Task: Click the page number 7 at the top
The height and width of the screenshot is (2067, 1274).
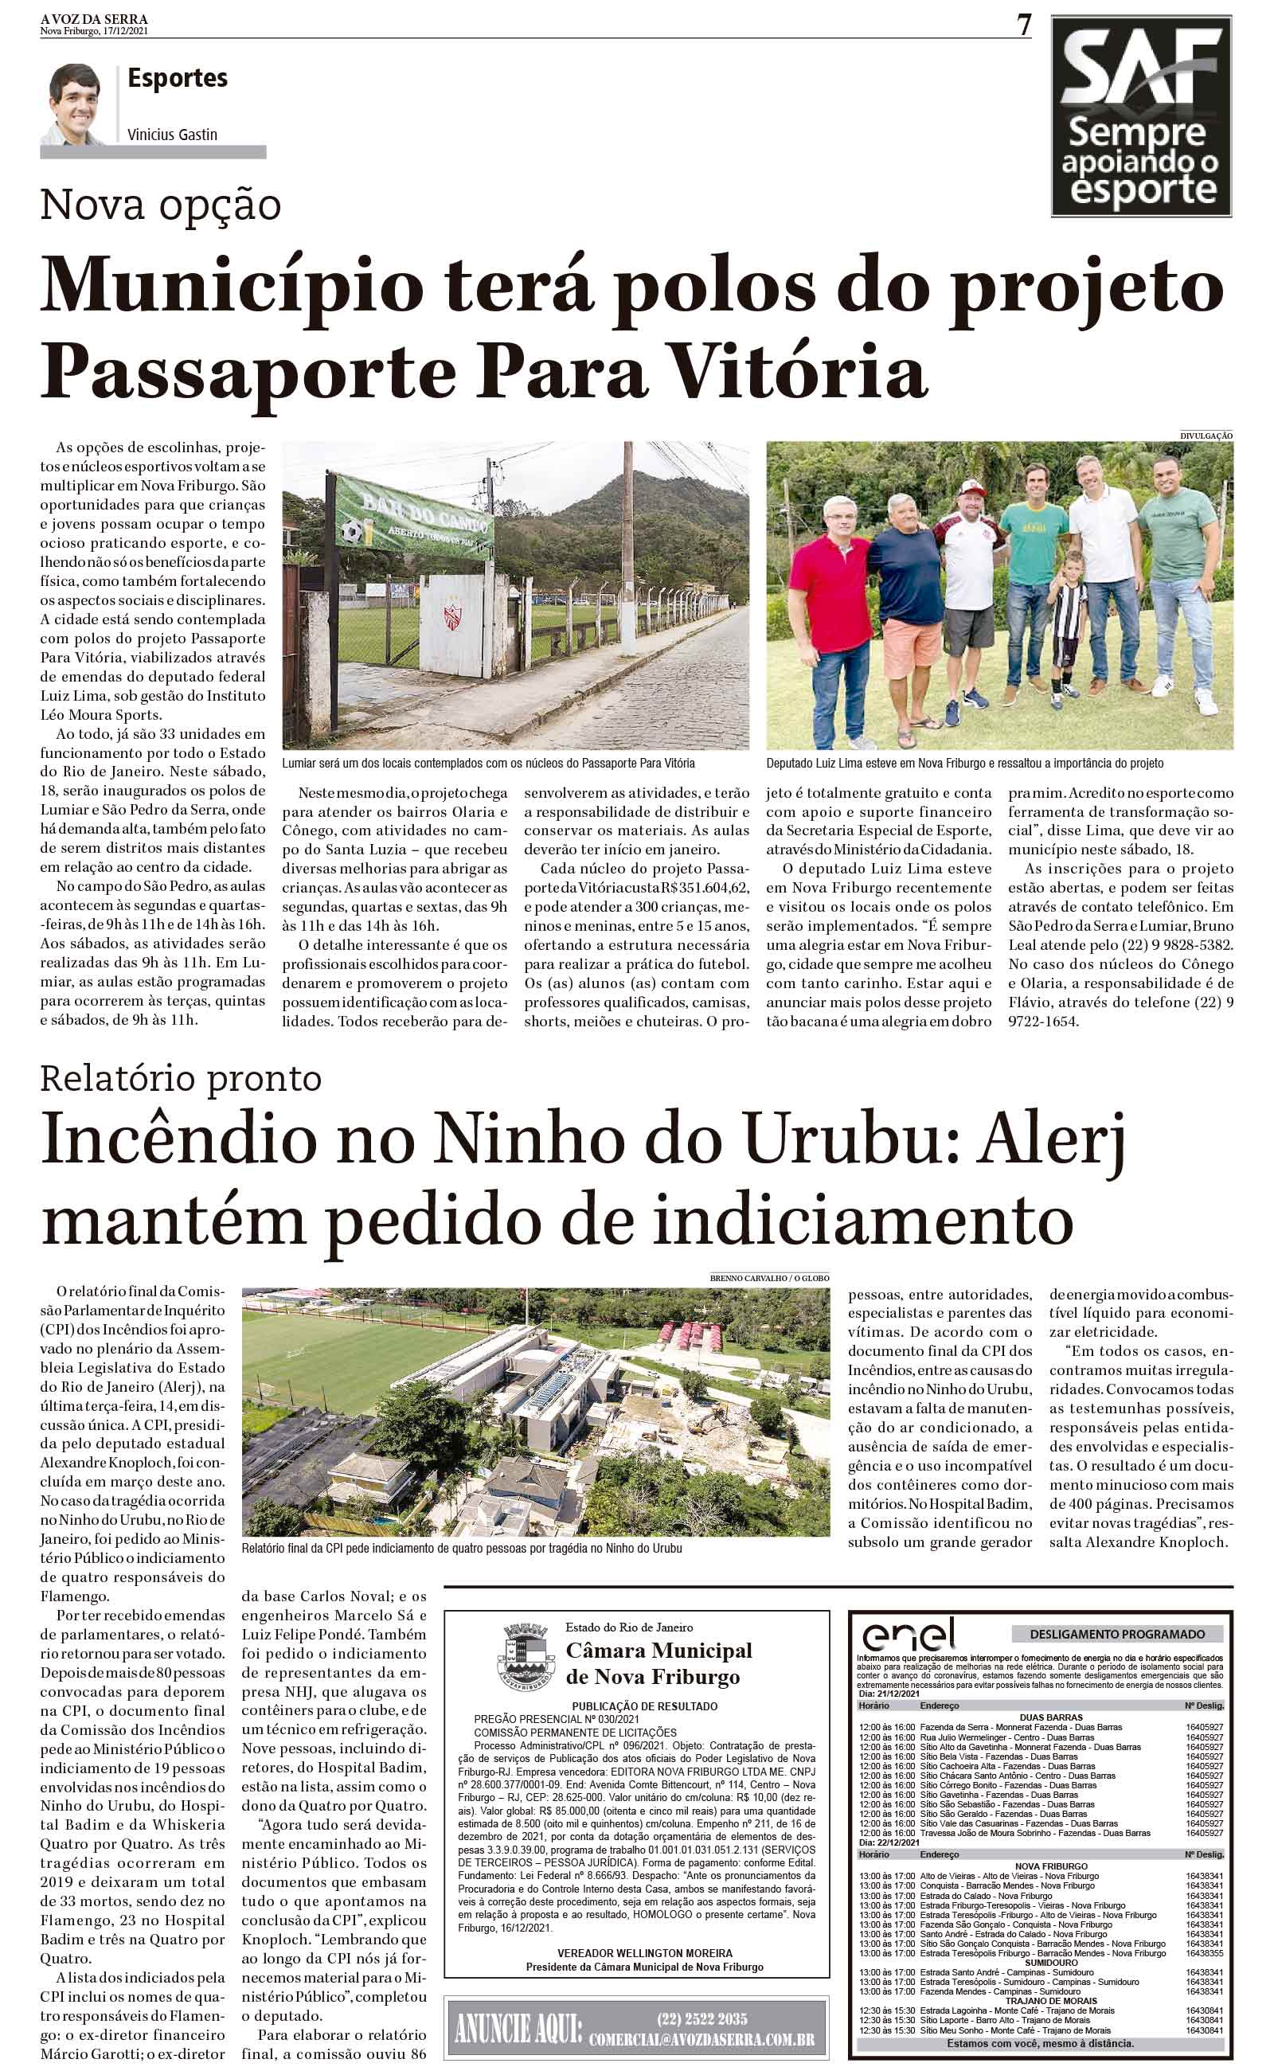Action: [1024, 27]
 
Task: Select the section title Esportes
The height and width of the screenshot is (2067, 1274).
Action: [178, 78]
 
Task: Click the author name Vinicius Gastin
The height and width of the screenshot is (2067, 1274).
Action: [173, 134]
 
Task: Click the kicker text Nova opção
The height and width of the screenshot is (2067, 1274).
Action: [161, 205]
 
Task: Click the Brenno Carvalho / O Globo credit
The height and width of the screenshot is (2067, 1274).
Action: [770, 1278]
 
